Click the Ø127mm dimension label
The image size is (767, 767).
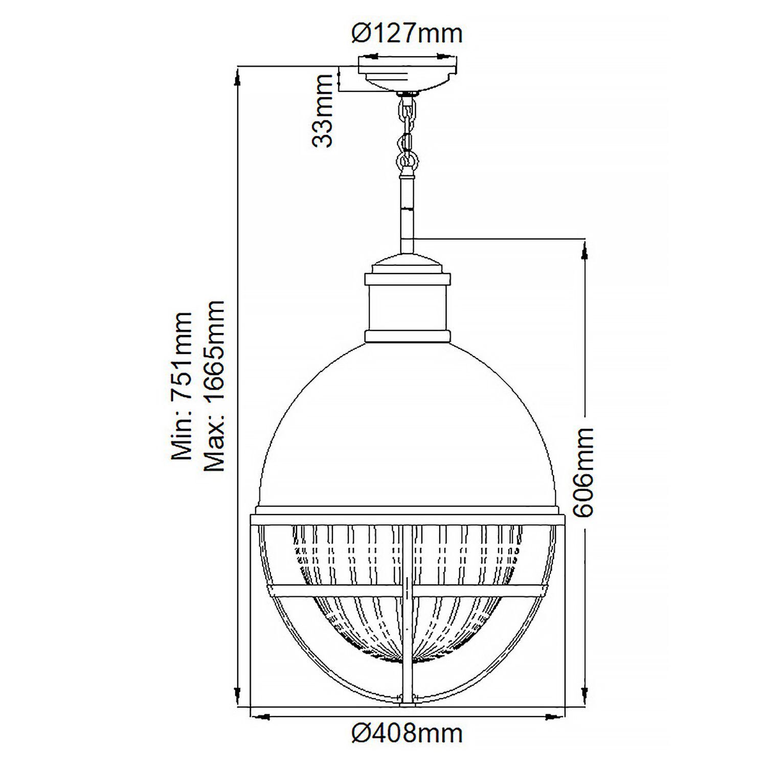coord(407,34)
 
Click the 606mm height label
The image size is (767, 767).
coord(583,473)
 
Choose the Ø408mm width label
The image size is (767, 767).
coord(407,734)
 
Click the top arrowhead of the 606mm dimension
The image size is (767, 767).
coord(583,251)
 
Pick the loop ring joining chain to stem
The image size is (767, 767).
coord(408,161)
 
